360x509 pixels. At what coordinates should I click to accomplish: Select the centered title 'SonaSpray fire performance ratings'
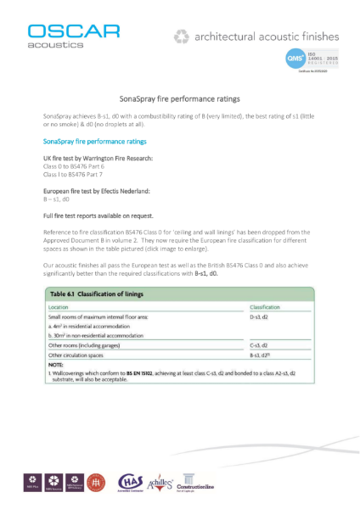180,99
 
